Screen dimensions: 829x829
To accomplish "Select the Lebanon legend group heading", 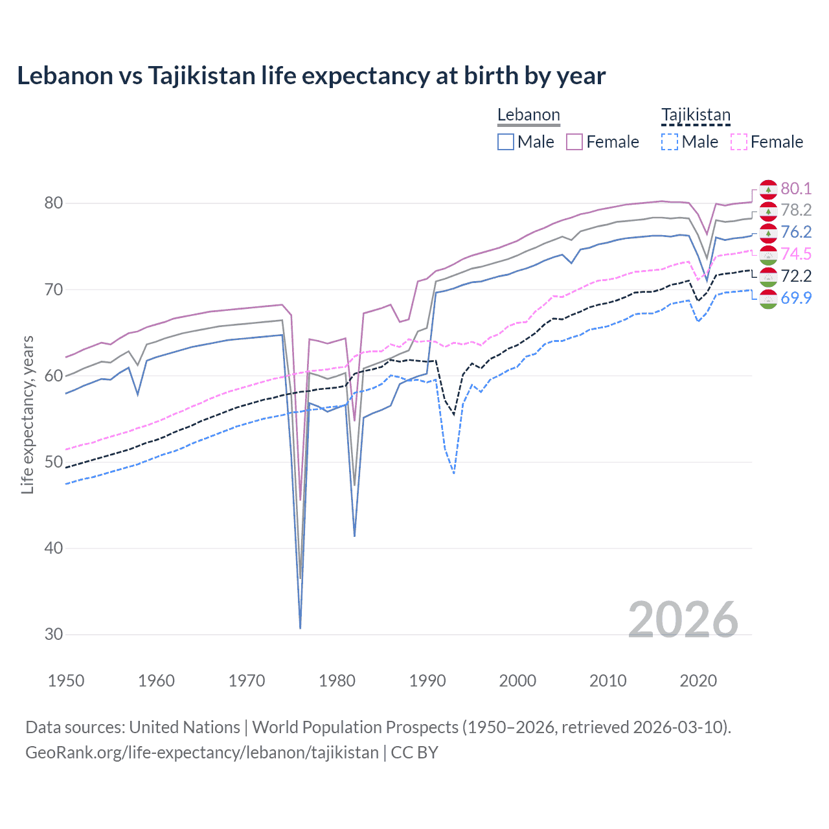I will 528,115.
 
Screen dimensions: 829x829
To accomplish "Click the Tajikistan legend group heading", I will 696,115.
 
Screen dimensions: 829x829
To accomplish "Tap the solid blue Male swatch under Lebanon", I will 506,142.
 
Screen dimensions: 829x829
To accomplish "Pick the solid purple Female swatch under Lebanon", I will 574,142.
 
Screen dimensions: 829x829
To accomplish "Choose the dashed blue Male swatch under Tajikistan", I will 670,142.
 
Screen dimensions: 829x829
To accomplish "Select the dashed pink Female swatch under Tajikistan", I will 738,142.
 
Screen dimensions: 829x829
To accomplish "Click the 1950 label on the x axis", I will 66,681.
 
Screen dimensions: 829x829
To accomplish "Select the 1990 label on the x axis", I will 427,681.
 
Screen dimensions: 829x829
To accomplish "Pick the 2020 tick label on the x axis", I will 698,681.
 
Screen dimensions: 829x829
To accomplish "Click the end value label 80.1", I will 796,188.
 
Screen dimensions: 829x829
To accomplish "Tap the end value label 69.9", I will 796,298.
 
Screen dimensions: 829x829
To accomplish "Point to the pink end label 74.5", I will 796,255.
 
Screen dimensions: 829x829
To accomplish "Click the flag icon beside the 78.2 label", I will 768,211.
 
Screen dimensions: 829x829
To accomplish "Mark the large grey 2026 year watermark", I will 683,620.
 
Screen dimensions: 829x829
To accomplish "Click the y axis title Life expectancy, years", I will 28,414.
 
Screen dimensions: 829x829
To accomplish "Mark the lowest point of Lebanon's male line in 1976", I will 301,628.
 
